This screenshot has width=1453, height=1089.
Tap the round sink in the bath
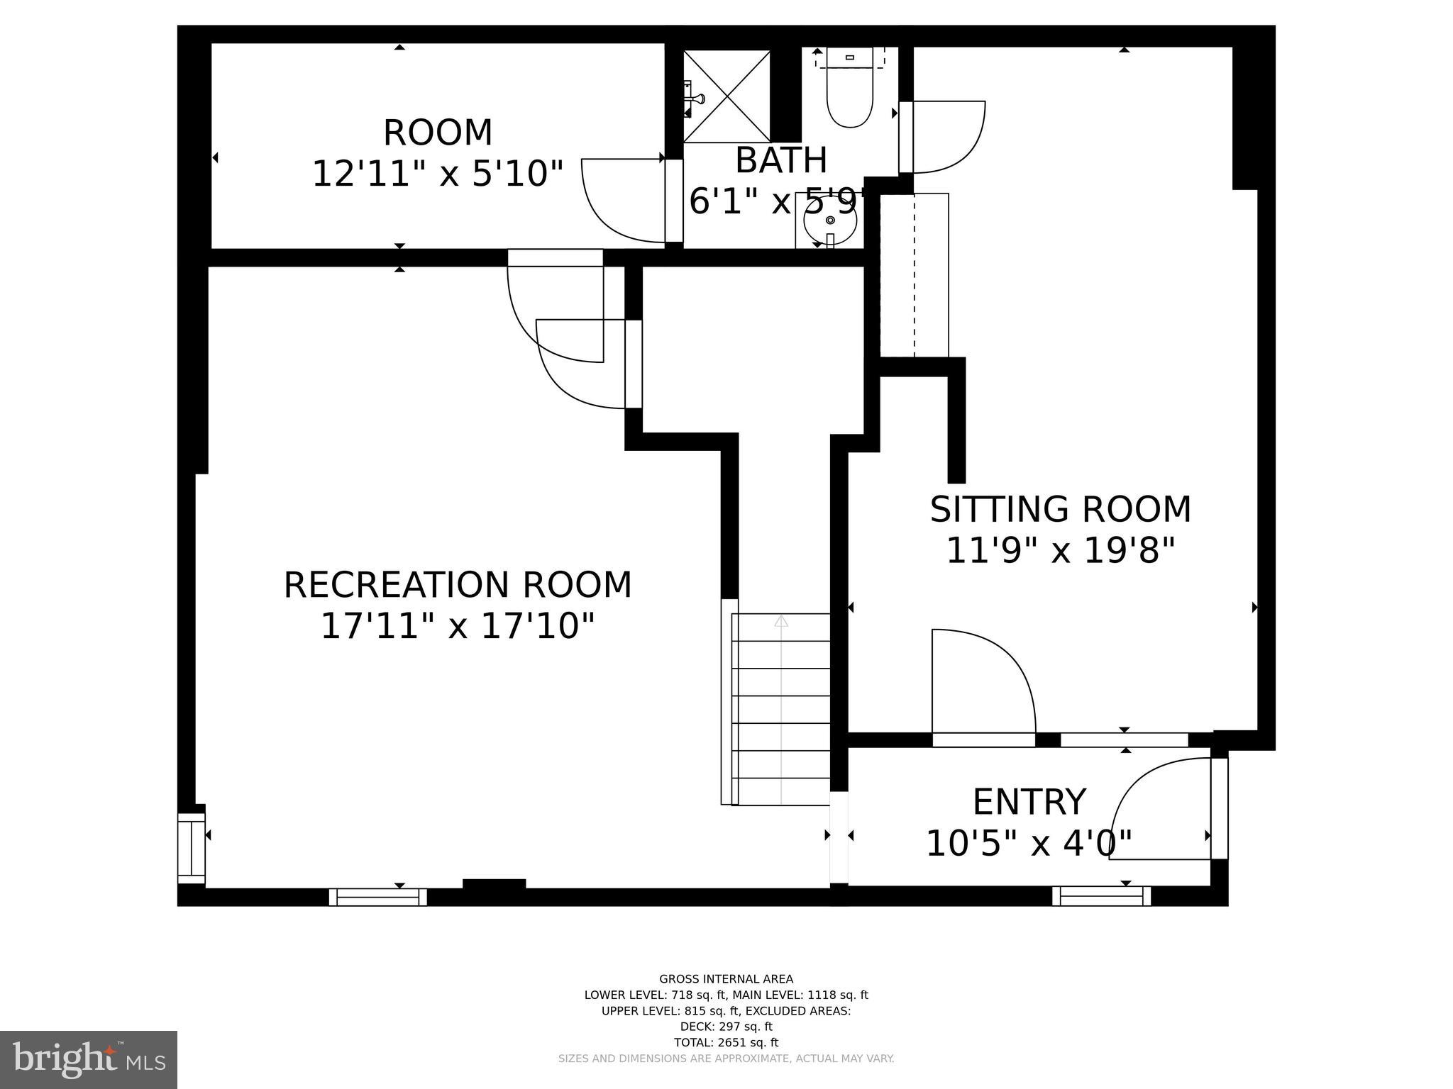(x=829, y=220)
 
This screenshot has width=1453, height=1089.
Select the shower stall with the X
(x=726, y=96)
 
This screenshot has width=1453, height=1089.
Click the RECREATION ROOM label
(x=458, y=586)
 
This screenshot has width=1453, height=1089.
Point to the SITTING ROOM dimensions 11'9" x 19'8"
(x=1061, y=550)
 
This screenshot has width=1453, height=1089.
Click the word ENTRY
(x=1029, y=803)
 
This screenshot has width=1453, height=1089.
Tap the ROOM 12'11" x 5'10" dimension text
(x=438, y=174)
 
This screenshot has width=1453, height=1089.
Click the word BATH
(x=780, y=160)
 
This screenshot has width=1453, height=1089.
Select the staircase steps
(x=780, y=709)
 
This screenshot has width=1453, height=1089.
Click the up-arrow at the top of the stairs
(x=780, y=621)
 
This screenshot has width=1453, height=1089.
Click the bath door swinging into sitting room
(x=947, y=137)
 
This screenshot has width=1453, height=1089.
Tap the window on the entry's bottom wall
(x=1101, y=896)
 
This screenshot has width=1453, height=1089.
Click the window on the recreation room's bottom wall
(x=377, y=897)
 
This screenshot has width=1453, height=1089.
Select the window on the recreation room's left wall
(x=190, y=848)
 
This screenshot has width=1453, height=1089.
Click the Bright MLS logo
(x=89, y=1059)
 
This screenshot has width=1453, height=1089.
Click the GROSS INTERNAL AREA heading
(x=726, y=979)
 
